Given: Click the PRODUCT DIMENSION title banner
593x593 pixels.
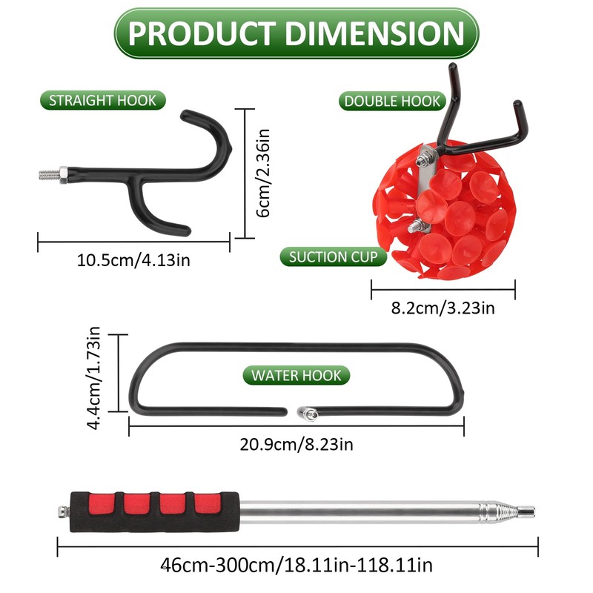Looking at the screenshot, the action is pos(296,33).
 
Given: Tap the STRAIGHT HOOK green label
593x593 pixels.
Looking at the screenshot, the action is pos(103,101).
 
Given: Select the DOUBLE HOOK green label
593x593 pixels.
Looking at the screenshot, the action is pos(392,101).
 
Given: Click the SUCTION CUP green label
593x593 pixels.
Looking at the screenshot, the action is pos(333,256).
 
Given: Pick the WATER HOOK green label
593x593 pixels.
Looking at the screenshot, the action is pos(296,375).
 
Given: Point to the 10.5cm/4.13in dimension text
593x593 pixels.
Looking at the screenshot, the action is pos(133,261).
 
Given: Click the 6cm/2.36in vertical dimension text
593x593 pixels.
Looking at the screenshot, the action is pos(263,173).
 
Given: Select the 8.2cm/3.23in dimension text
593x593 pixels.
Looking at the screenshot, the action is pos(443,308).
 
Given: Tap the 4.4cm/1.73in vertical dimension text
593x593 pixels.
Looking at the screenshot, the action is pos(93,377).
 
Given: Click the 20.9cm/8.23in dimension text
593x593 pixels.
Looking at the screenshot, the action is pos(296,444).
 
